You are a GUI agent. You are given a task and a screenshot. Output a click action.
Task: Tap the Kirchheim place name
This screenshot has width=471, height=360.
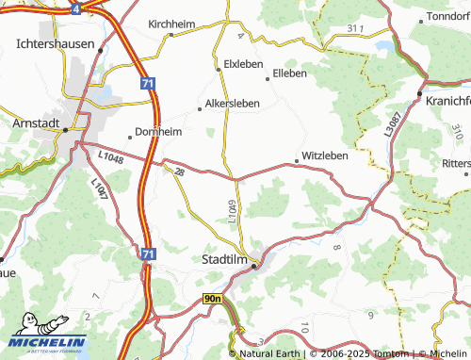point(170,24)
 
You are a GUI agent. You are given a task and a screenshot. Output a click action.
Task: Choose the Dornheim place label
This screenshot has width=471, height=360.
point(158,132)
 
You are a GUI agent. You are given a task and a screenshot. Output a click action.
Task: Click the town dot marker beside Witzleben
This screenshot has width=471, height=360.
point(297,161)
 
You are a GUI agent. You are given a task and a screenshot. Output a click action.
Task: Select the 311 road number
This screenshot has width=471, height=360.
point(353,29)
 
